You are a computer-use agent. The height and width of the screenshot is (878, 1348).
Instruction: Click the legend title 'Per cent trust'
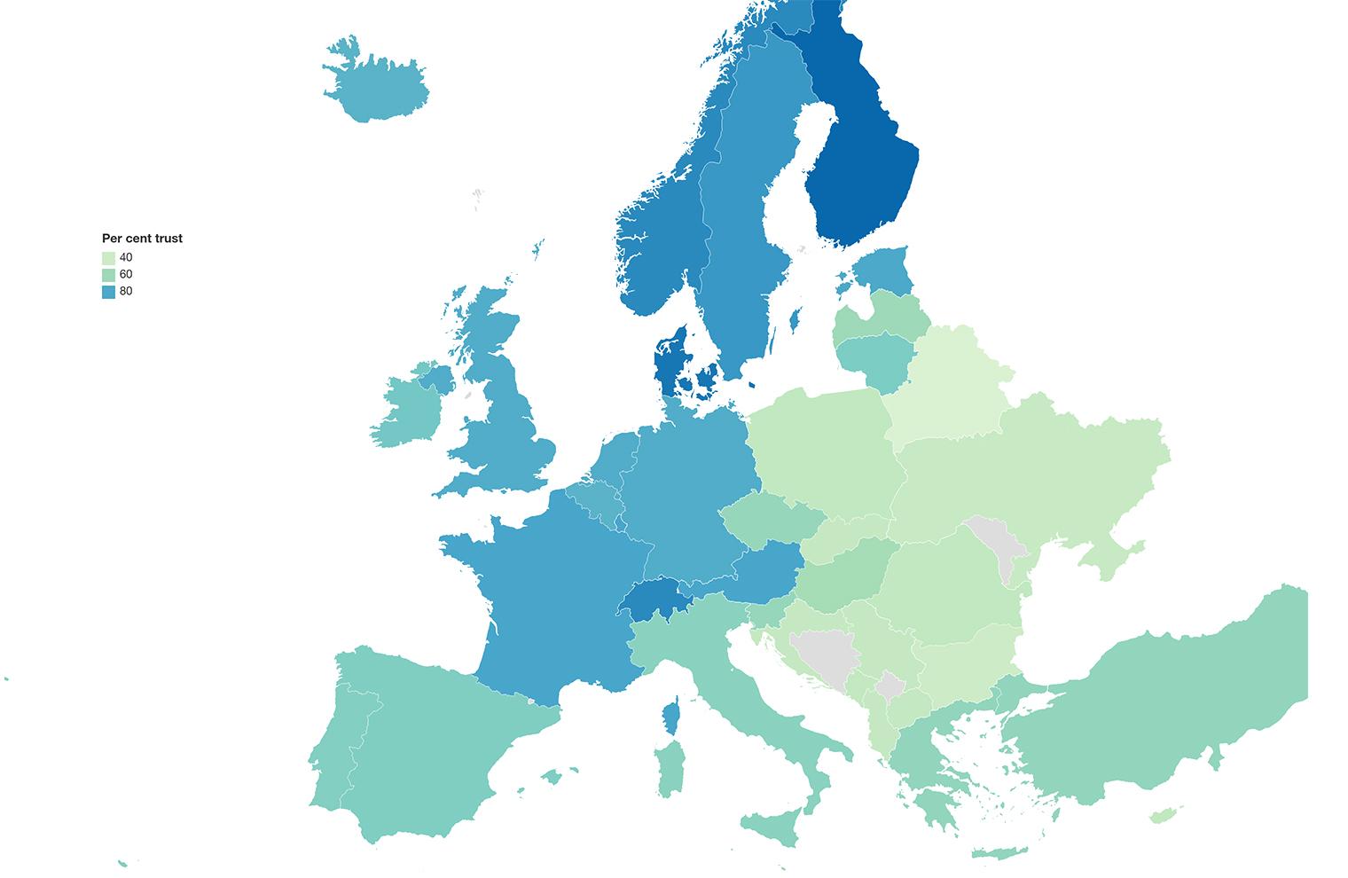[142, 239]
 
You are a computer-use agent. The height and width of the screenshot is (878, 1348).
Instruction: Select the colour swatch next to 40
[108, 257]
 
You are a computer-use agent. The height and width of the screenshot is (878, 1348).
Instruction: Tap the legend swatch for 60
[108, 274]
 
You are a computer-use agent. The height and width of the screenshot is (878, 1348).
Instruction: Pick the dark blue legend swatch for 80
[108, 291]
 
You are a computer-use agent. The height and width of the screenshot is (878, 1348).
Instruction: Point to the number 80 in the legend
[126, 291]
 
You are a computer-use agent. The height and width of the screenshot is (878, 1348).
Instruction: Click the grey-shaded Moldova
[998, 545]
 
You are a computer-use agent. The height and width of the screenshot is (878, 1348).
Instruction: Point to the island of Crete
[1002, 853]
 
